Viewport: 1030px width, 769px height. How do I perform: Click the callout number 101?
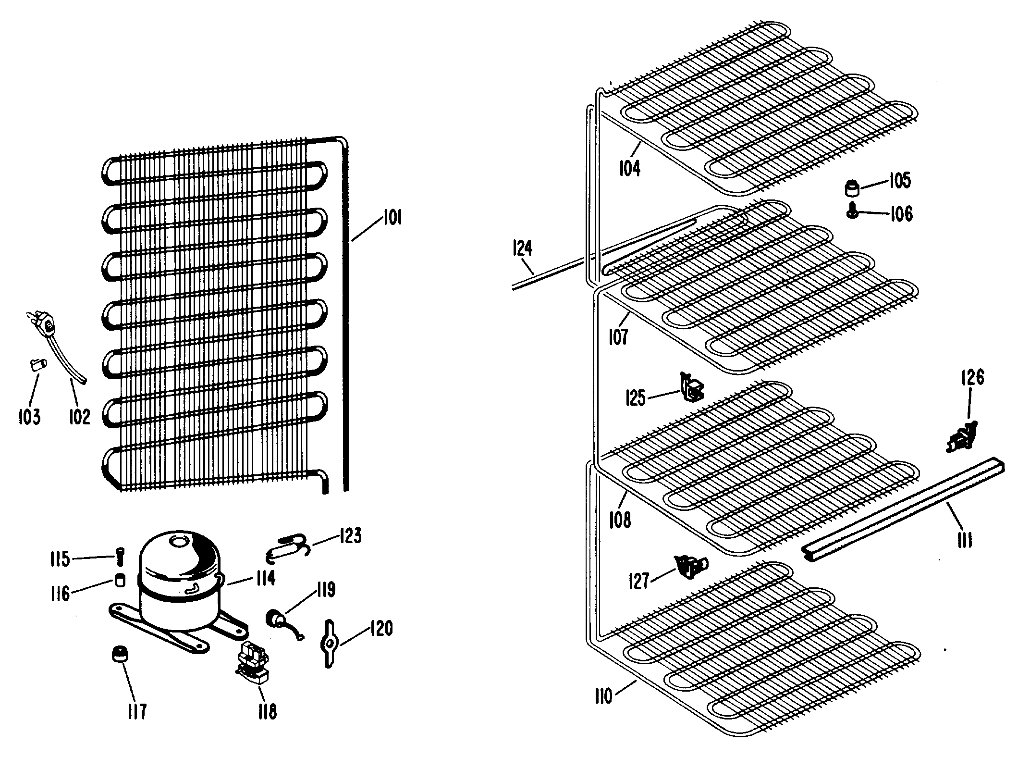point(392,218)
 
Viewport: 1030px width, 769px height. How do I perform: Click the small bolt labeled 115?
point(119,558)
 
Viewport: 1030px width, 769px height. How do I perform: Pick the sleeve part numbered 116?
point(120,580)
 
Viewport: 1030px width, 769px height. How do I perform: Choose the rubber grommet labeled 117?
point(120,654)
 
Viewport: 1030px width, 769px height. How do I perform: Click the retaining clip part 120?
point(329,644)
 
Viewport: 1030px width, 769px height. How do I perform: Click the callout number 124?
point(523,248)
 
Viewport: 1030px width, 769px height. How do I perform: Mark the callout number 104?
point(630,169)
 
